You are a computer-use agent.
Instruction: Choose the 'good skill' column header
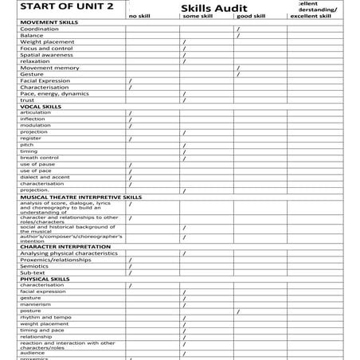point(251,15)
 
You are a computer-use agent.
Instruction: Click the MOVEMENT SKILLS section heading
point(49,22)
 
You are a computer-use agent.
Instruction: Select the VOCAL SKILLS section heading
point(41,106)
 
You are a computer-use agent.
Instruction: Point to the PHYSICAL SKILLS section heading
point(45,279)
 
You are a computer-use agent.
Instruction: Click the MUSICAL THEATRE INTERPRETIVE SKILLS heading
point(80,197)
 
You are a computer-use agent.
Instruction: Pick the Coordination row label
point(39,29)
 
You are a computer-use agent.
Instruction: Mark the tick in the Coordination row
point(237,29)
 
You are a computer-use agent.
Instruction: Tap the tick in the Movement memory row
point(237,68)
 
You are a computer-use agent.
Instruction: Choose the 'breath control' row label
point(39,158)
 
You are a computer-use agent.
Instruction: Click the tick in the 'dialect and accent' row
point(130,177)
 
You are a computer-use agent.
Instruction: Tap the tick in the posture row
point(237,311)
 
